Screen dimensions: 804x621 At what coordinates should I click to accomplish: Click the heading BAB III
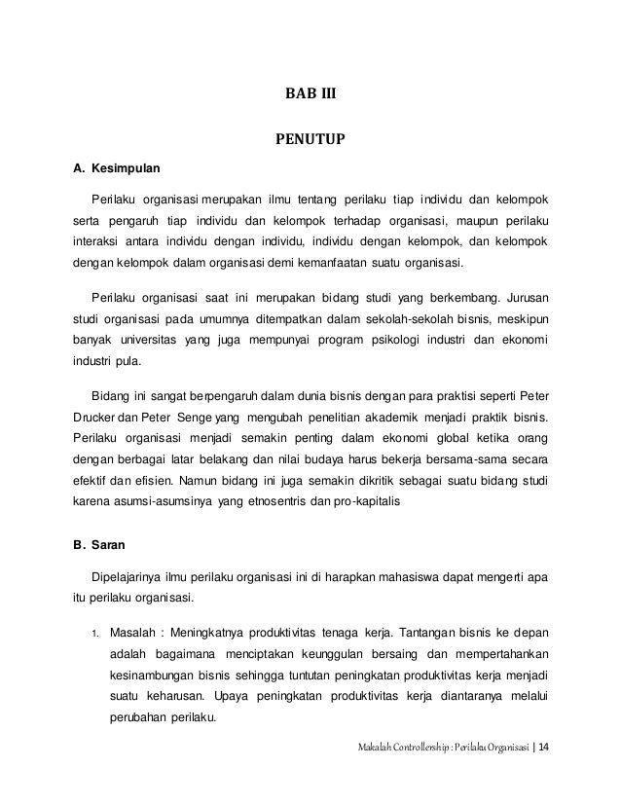pyautogui.click(x=309, y=95)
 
